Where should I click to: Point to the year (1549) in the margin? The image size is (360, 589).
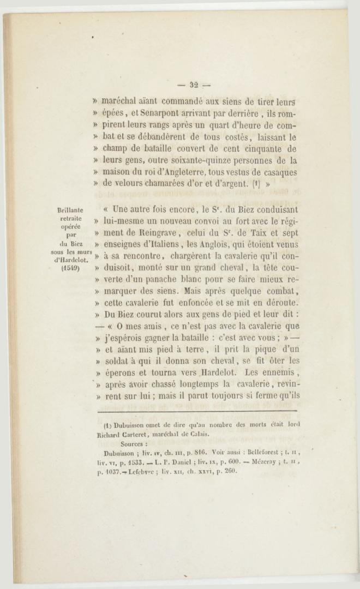point(71,268)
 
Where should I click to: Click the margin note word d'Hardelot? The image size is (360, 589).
point(71,259)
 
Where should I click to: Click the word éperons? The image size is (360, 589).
point(119,373)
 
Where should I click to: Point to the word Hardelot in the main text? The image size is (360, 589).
point(205,373)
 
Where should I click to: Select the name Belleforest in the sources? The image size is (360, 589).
point(255,453)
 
